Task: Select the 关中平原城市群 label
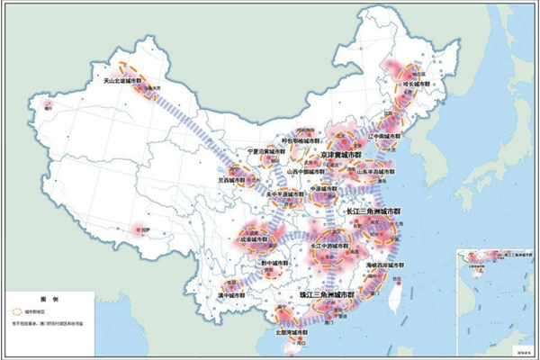pos(292,192)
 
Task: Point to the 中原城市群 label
pos(330,189)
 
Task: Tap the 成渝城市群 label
pos(256,240)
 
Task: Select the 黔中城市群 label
pos(273,264)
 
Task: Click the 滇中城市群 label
pos(234,294)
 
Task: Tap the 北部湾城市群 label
pos(293,331)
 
